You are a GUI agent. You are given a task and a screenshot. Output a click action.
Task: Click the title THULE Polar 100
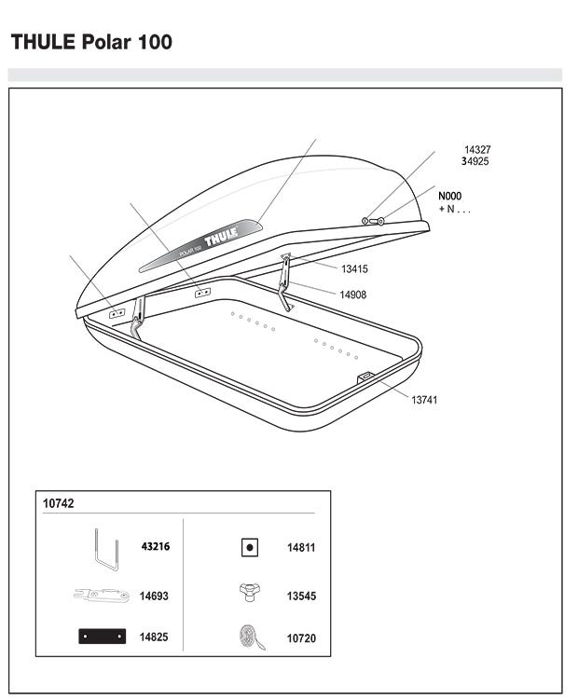(x=91, y=42)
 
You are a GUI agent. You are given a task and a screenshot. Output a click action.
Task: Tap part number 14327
(x=477, y=150)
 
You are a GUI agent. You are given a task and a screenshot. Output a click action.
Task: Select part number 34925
(x=475, y=161)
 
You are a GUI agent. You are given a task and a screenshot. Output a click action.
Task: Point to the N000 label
(x=449, y=196)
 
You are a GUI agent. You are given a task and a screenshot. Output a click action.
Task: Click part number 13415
(x=354, y=268)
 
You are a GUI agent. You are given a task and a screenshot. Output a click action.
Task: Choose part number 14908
(x=352, y=295)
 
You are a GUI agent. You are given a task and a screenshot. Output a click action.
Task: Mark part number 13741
(x=424, y=400)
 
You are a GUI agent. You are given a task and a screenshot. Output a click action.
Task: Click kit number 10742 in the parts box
(x=59, y=503)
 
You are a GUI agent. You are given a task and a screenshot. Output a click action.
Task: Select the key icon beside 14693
(x=102, y=596)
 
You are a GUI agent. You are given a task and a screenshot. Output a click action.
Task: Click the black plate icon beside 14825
(x=103, y=637)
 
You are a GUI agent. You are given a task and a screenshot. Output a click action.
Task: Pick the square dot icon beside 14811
(x=250, y=547)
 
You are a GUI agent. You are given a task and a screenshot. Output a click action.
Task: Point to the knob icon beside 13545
(x=249, y=593)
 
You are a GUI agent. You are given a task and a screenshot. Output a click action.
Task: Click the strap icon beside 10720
(x=252, y=637)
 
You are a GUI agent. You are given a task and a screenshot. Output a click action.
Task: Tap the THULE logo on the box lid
(x=221, y=235)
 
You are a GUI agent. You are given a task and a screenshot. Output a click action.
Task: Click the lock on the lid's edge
(x=373, y=221)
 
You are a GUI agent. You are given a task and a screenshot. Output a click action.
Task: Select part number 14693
(x=154, y=596)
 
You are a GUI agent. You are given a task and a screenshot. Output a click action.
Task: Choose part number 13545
(x=301, y=596)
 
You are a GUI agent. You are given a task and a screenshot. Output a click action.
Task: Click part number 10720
(x=301, y=638)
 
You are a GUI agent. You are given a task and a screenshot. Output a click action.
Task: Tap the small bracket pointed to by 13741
(x=365, y=377)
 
